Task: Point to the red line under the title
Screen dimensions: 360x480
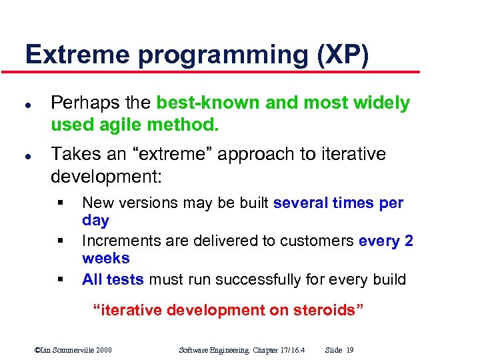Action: click(220, 71)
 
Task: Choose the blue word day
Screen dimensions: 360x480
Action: click(95, 220)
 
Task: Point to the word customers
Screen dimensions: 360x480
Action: click(321, 241)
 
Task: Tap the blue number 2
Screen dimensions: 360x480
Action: click(408, 241)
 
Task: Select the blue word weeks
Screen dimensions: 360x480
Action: click(105, 258)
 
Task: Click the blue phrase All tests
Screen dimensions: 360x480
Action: click(113, 279)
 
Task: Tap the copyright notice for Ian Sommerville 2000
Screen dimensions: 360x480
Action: click(73, 349)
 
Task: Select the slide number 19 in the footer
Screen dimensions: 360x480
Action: click(350, 349)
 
